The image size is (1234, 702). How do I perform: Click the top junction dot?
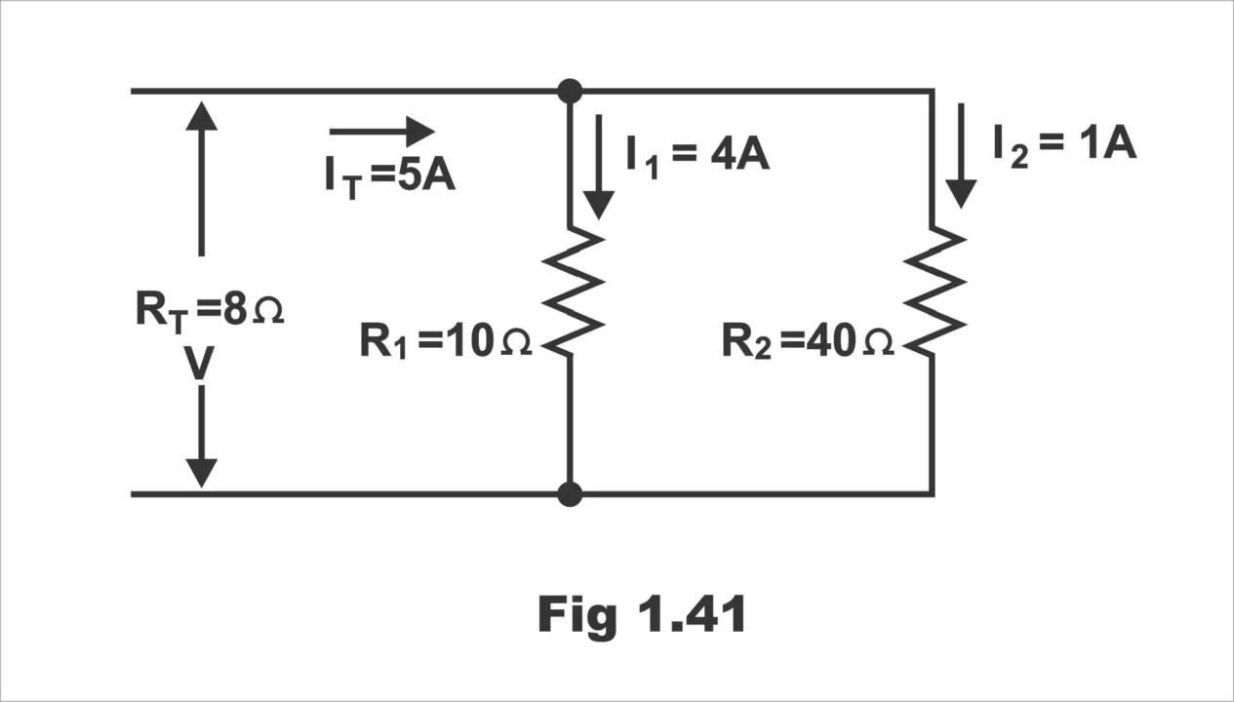coord(570,92)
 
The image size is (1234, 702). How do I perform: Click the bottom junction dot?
coord(570,493)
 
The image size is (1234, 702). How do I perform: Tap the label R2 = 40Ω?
coord(808,342)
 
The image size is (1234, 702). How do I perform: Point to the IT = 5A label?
coord(390,178)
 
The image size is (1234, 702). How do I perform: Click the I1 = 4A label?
coord(697,155)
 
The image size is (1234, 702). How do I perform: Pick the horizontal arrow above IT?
coord(381,131)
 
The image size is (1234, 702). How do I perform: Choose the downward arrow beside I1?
coord(599,166)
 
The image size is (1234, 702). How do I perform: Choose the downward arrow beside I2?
coord(961,155)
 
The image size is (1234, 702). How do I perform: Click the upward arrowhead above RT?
coord(201,116)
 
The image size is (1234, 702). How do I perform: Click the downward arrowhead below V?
coord(201,472)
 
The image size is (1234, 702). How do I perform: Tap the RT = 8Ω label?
coord(209,311)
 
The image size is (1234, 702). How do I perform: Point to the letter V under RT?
coord(199,364)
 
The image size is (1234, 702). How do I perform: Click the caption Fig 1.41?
coord(643,615)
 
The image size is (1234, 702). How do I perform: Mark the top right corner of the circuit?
coord(933,92)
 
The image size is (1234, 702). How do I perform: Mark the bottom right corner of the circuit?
coord(933,493)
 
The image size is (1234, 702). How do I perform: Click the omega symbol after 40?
coord(878,344)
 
